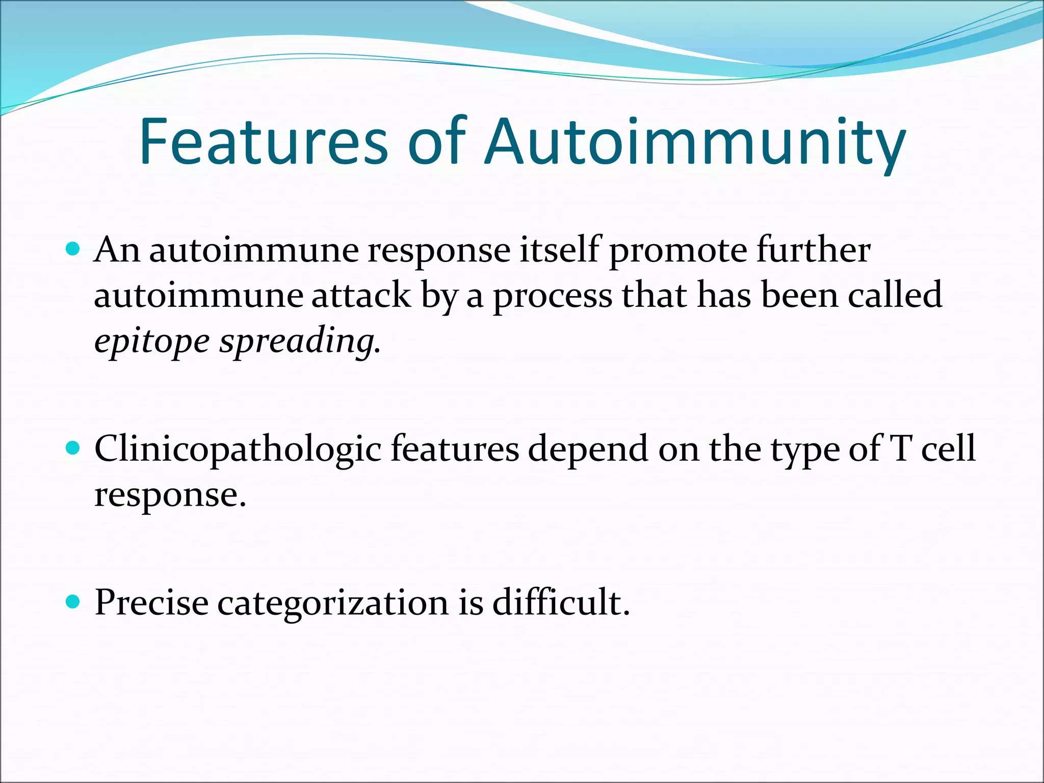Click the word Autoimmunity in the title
coord(695,143)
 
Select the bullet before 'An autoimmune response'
coord(73,249)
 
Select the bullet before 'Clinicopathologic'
coord(73,448)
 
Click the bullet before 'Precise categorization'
coord(73,602)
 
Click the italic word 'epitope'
coord(152,342)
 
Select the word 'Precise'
coord(151,603)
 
